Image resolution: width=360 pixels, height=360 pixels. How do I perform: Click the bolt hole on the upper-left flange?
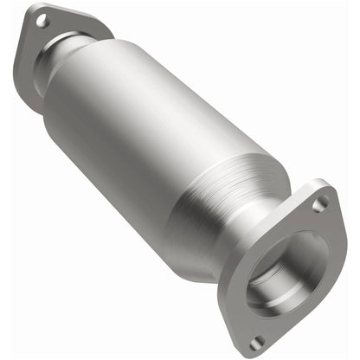click(x=41, y=17)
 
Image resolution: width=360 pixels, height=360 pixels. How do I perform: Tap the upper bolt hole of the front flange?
click(x=322, y=205)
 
